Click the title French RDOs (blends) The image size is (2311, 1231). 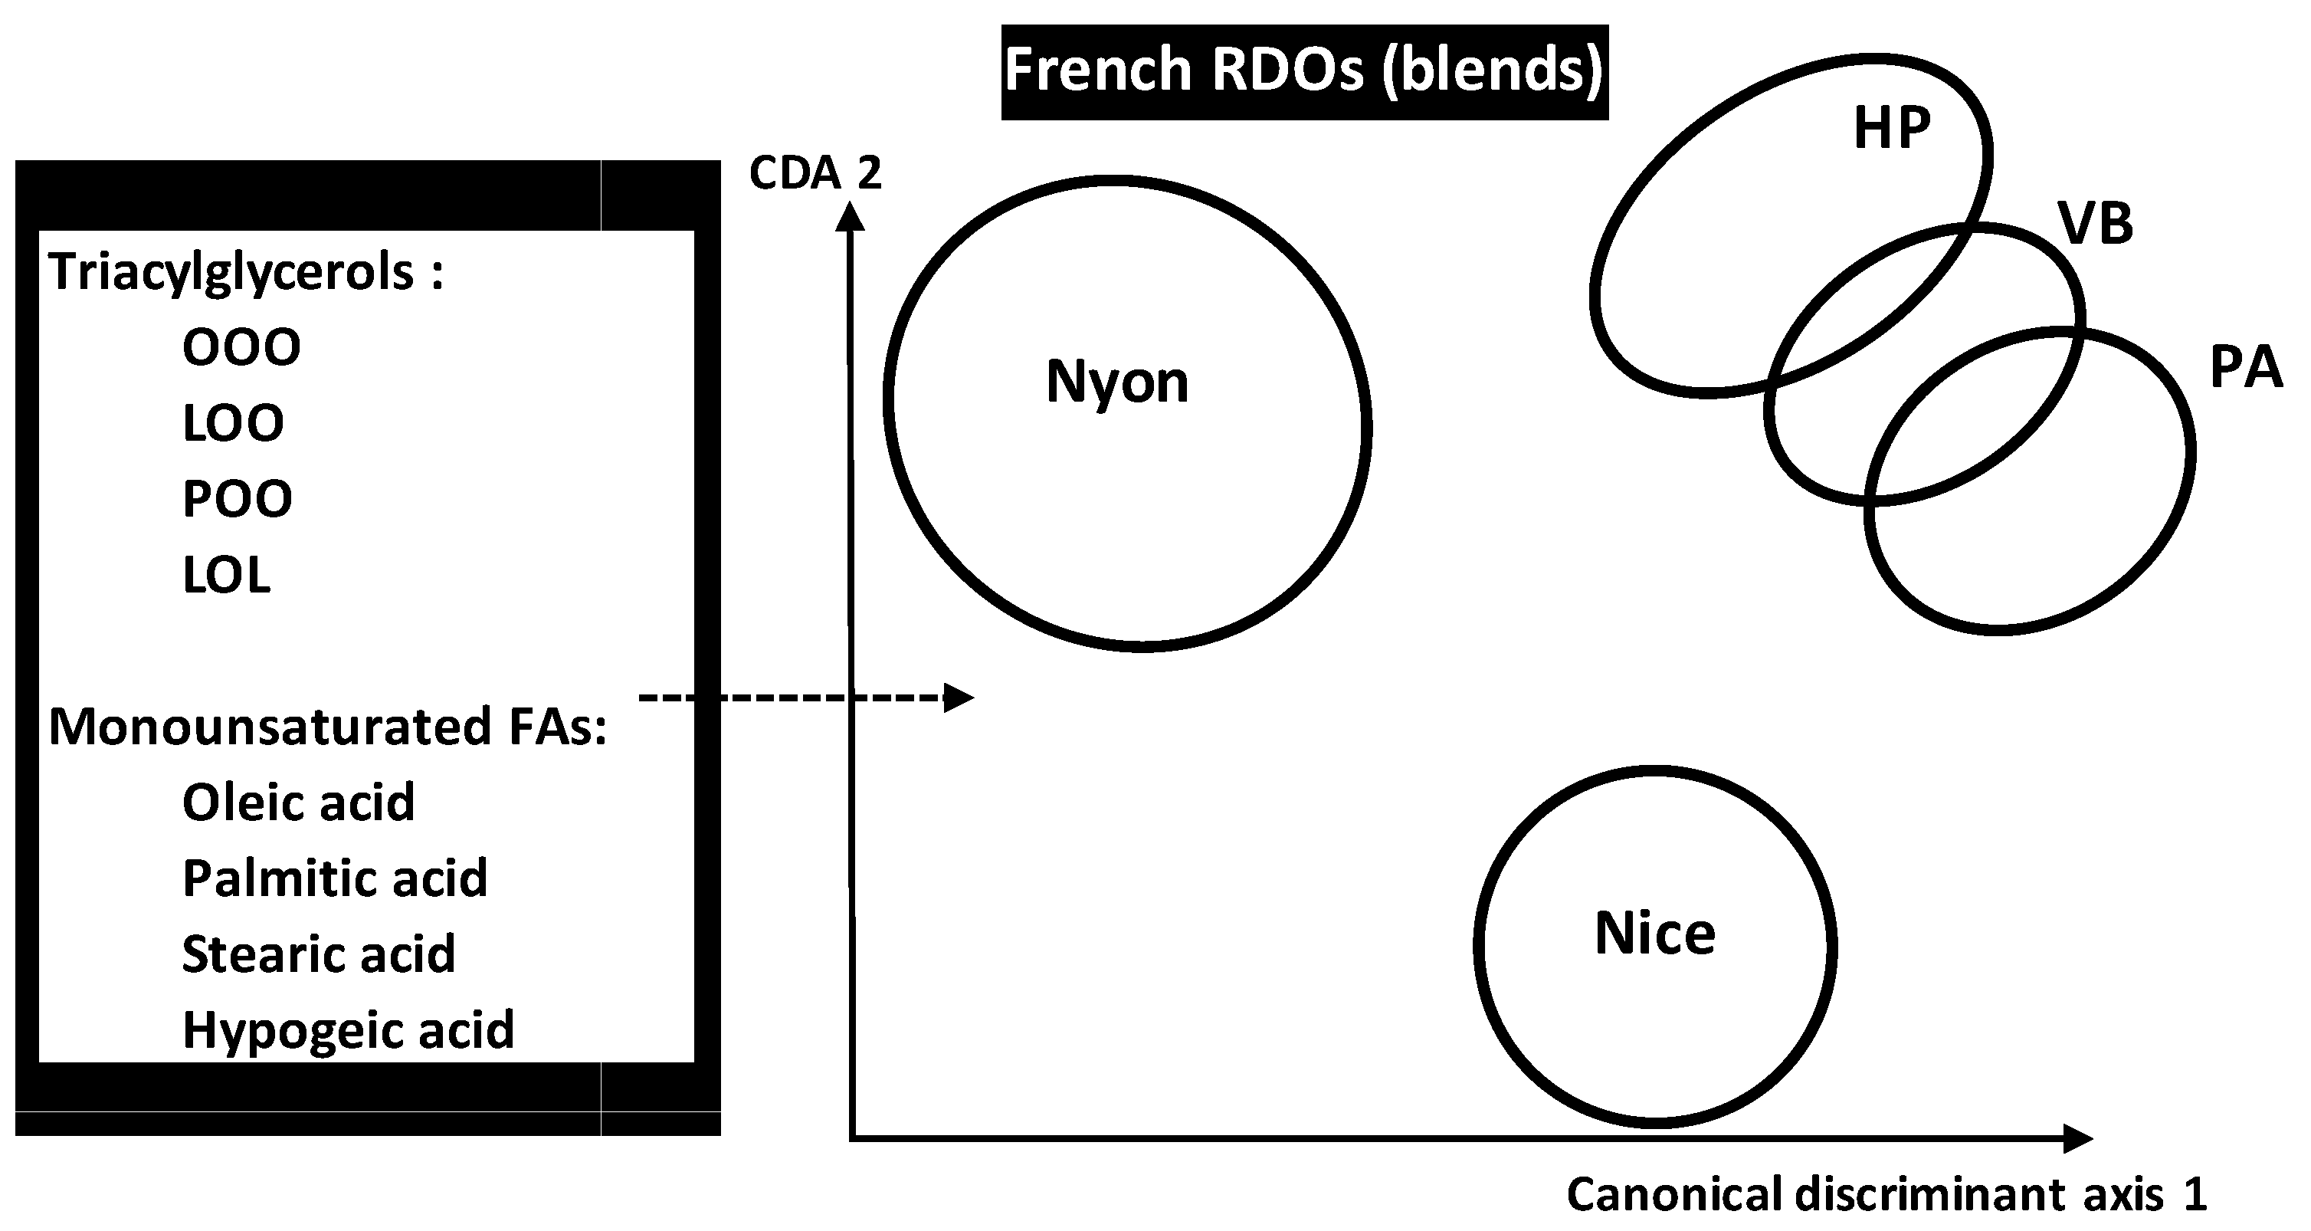click(1303, 71)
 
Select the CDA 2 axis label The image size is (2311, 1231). click(815, 173)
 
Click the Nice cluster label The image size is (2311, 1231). click(1654, 934)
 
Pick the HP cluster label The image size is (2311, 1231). click(1891, 128)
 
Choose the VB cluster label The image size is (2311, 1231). click(2096, 223)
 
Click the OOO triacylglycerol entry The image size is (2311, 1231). click(241, 347)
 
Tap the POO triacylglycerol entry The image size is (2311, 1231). click(237, 499)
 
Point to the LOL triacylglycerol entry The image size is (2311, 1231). click(226, 575)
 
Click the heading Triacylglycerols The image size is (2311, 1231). click(246, 272)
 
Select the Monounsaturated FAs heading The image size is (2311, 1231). click(327, 727)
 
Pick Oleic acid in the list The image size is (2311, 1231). click(298, 802)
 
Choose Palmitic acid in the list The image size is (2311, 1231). click(335, 878)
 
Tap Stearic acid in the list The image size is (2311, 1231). click(319, 954)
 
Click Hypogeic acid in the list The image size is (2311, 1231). click(348, 1030)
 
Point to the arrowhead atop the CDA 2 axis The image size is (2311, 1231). click(850, 216)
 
